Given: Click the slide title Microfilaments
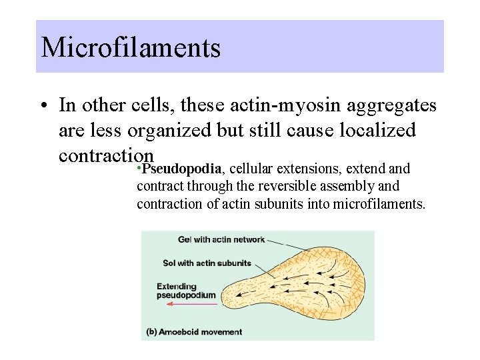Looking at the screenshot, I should pos(131,47).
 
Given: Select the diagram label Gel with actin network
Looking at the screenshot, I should pos(221,239).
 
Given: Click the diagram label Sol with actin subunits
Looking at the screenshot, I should pos(207,263).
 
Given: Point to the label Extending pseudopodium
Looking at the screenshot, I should pos(186,291).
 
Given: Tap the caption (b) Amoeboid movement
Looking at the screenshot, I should pos(194,331).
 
